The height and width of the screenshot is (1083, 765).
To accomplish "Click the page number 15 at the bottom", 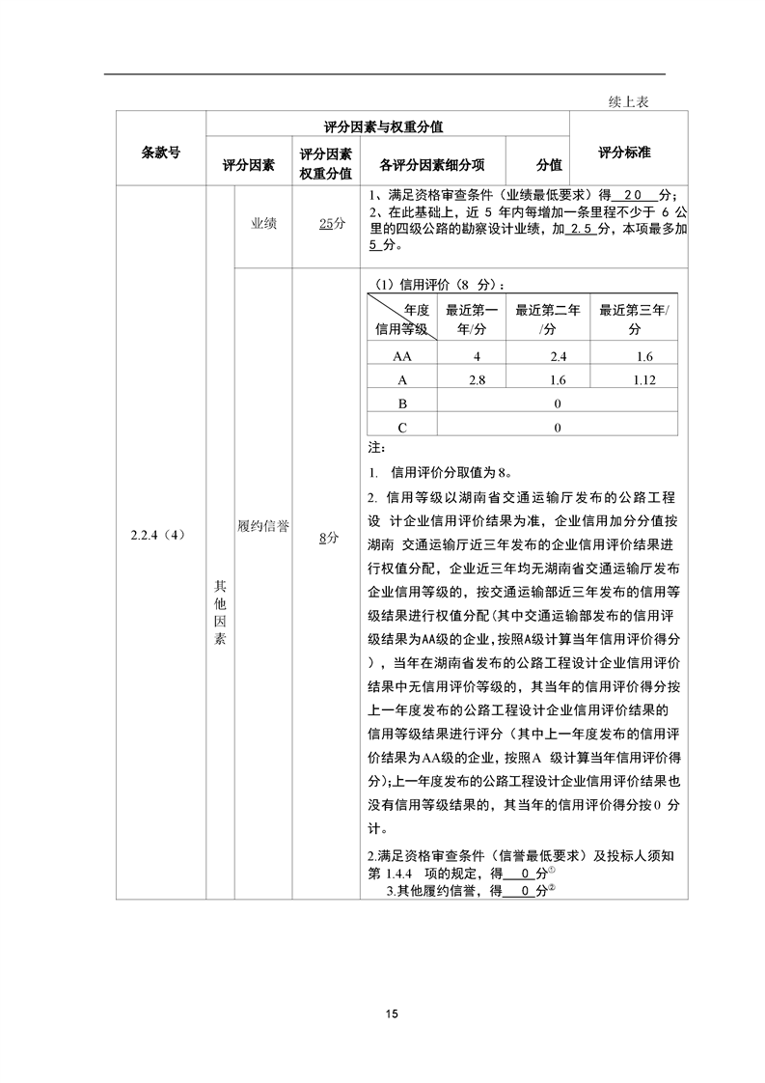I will point(391,1014).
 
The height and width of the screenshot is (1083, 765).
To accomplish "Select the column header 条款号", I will point(160,152).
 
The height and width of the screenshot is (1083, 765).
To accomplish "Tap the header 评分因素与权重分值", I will point(388,126).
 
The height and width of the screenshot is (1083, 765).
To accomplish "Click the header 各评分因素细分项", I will point(431,165).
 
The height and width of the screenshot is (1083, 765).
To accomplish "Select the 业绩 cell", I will point(263,223).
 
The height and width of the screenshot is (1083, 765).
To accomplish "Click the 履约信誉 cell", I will point(263,525).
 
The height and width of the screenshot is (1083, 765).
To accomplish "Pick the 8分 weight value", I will point(329,540).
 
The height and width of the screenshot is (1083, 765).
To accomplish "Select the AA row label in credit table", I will point(402,356).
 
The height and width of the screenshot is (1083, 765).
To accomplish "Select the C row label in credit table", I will point(402,426).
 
